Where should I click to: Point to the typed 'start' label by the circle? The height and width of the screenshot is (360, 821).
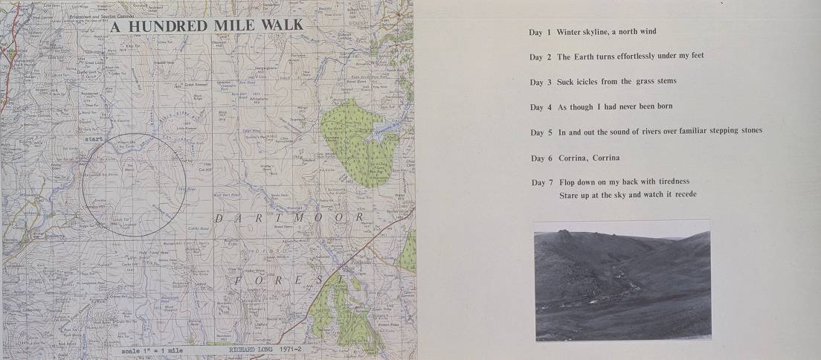pyautogui.click(x=94, y=138)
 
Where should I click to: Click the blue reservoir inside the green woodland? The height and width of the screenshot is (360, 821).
pyautogui.click(x=372, y=136)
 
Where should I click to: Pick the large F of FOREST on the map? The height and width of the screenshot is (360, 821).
pyautogui.click(x=238, y=280)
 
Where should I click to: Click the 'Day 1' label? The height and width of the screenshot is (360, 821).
pyautogui.click(x=540, y=32)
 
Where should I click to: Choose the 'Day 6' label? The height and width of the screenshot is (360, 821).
pyautogui.click(x=541, y=158)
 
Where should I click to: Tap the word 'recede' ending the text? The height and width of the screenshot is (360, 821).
pyautogui.click(x=683, y=195)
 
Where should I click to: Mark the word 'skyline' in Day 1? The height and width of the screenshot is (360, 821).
pyautogui.click(x=599, y=32)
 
